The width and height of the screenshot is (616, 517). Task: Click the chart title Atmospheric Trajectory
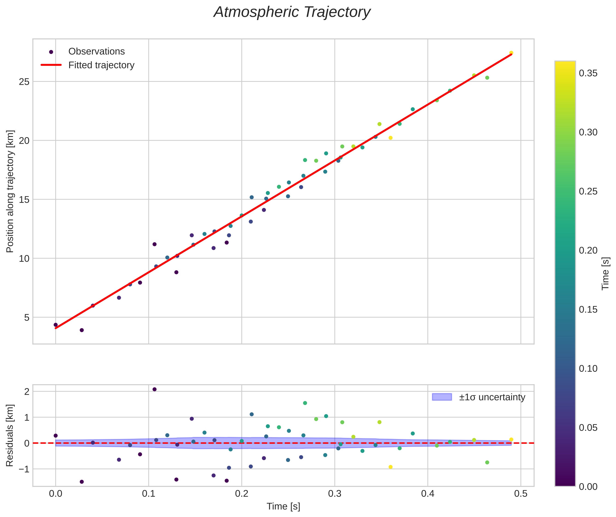pyautogui.click(x=292, y=12)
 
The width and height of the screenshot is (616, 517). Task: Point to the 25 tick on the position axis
pyautogui.click(x=24, y=82)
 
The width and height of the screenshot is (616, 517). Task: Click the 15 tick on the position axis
pyautogui.click(x=24, y=200)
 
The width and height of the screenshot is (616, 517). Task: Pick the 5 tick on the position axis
pyautogui.click(x=27, y=318)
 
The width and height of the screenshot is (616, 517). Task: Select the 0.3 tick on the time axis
pyautogui.click(x=335, y=494)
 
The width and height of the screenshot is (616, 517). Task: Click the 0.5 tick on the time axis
pyautogui.click(x=521, y=494)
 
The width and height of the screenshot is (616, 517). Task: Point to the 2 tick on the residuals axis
pyautogui.click(x=27, y=392)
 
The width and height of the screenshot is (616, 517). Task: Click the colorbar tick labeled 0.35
pyautogui.click(x=588, y=73)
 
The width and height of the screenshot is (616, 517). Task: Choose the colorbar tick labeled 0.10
pyautogui.click(x=588, y=368)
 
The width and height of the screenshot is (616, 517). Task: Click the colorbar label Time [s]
pyautogui.click(x=605, y=273)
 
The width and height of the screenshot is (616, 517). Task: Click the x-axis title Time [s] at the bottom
pyautogui.click(x=283, y=506)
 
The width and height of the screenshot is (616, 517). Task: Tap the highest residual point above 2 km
pyautogui.click(x=154, y=389)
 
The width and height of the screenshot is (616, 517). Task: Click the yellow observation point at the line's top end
pyautogui.click(x=511, y=53)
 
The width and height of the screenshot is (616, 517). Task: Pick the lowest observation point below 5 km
pyautogui.click(x=82, y=330)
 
